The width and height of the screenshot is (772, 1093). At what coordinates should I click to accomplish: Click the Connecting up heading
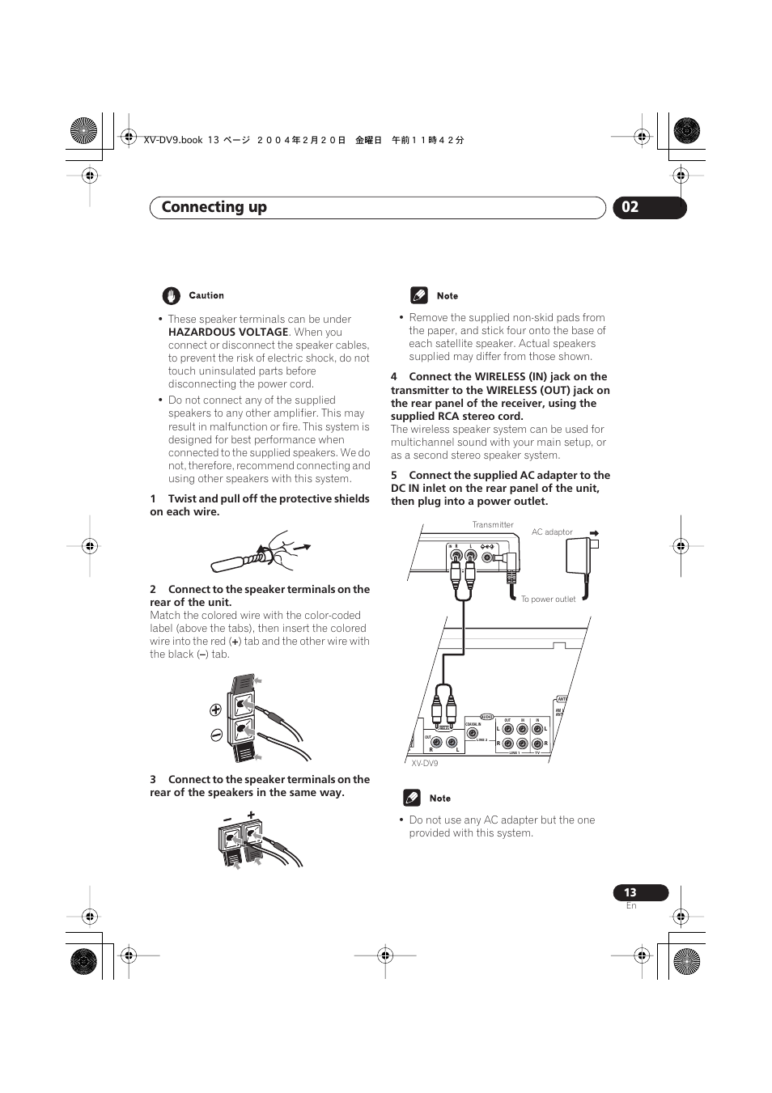(x=214, y=207)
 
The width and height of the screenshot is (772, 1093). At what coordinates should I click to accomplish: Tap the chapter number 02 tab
(x=630, y=207)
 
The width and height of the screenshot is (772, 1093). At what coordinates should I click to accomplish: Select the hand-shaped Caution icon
(x=170, y=295)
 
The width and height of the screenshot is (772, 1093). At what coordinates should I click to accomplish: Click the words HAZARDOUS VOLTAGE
(x=228, y=332)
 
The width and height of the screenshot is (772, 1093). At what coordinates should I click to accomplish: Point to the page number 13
(x=630, y=892)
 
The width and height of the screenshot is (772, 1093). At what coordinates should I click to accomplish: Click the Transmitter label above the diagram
(x=493, y=524)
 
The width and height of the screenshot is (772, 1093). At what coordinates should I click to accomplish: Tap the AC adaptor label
(x=552, y=532)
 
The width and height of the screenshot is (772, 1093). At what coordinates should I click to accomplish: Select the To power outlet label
(x=548, y=599)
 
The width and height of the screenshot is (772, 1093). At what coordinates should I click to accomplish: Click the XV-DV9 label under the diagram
(x=424, y=763)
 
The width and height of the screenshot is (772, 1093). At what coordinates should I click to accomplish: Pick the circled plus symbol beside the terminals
(x=215, y=710)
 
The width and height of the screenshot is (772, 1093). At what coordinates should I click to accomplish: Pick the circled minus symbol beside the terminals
(x=215, y=735)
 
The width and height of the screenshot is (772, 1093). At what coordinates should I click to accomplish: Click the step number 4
(x=394, y=376)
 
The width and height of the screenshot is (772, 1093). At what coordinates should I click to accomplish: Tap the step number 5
(x=394, y=475)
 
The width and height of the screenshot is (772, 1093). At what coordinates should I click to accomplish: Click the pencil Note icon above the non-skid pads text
(x=418, y=295)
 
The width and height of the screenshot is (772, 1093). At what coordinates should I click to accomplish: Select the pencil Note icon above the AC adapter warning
(x=412, y=799)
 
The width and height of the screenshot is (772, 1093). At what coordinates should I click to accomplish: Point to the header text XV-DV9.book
(x=172, y=140)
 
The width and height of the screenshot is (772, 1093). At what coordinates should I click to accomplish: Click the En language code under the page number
(x=631, y=906)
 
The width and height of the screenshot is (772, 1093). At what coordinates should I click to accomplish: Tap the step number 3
(x=153, y=779)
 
